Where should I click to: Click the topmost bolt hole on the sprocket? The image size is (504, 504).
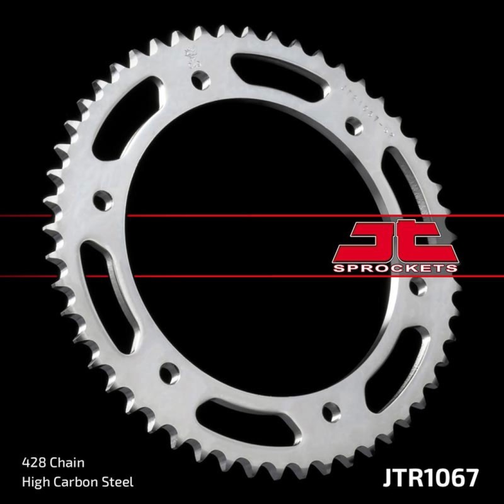click(201, 77)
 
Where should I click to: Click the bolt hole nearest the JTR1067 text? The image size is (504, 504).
click(328, 411)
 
